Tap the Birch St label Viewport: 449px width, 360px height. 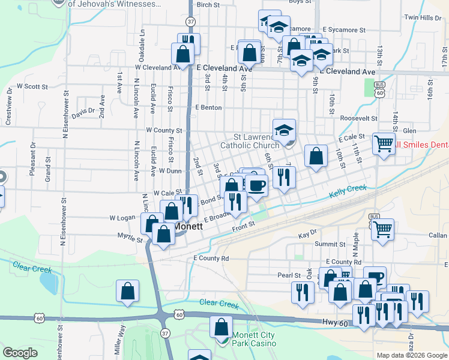(x=208, y=5)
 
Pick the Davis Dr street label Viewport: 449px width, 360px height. (x=83, y=112)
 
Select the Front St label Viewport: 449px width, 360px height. (x=244, y=224)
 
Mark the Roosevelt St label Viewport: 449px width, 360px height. (x=358, y=119)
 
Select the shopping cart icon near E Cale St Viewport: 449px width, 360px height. (x=384, y=144)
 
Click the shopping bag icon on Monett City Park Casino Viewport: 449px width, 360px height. (x=221, y=327)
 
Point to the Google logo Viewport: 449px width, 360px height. (x=20, y=353)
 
